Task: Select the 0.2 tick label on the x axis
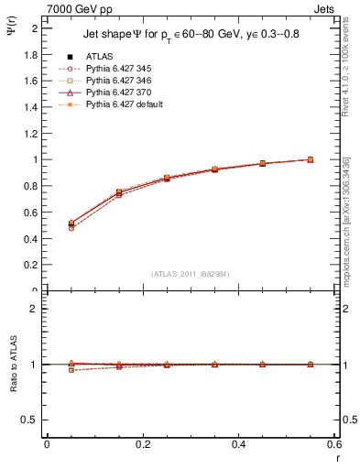142,445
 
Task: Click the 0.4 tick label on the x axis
238,445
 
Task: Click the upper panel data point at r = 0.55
311,159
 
